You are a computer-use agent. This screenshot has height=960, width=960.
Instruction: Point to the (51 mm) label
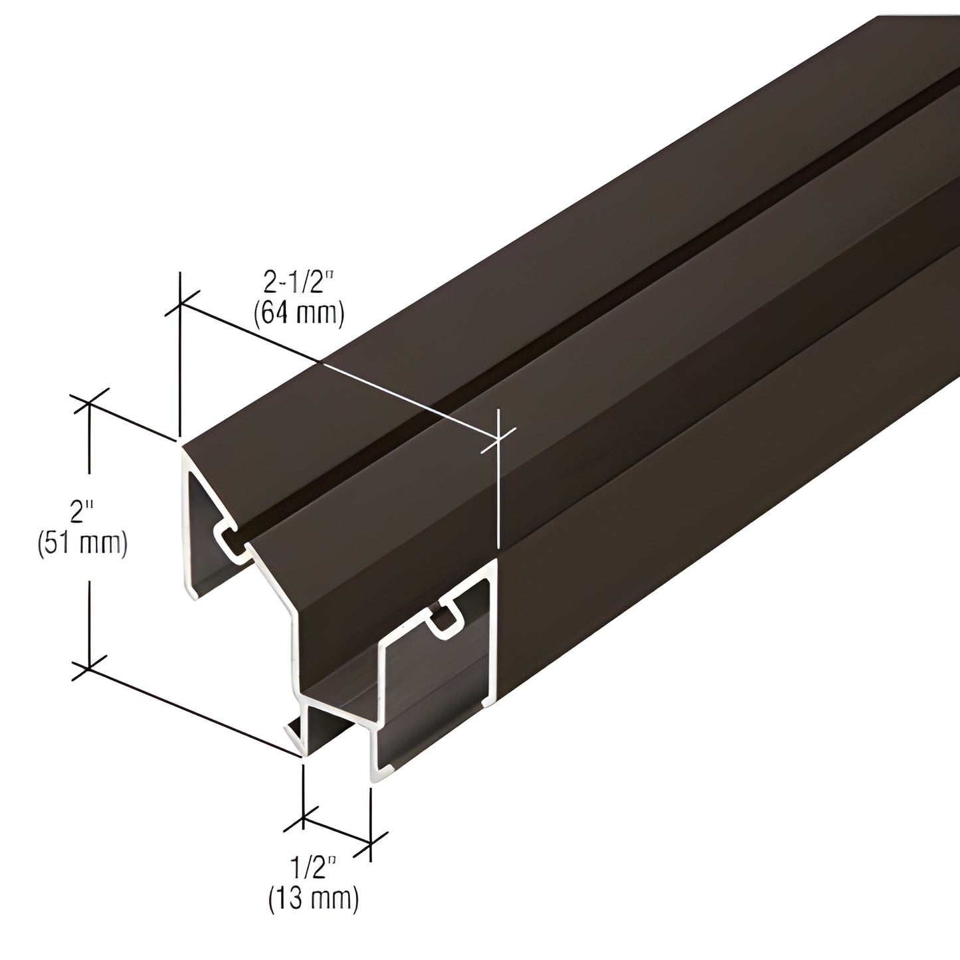[82, 543]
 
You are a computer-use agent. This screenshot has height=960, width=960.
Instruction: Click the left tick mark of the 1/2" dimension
[303, 819]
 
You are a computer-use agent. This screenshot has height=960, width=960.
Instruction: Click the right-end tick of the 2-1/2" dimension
[497, 438]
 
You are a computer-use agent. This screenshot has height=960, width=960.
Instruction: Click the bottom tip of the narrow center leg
[303, 754]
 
